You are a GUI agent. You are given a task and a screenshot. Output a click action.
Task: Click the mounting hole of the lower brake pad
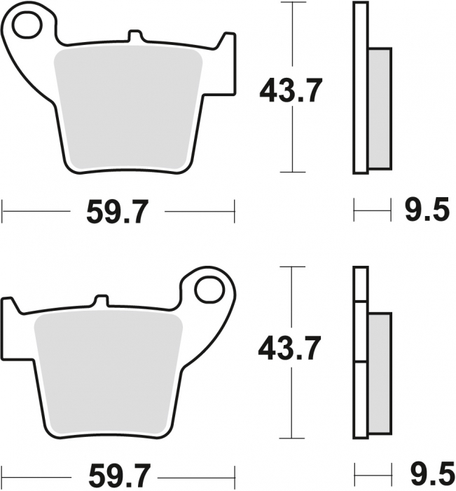point(208,289)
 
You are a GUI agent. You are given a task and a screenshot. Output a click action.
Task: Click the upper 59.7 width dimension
point(117,210)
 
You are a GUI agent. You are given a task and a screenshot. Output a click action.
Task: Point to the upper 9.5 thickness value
point(426,210)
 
